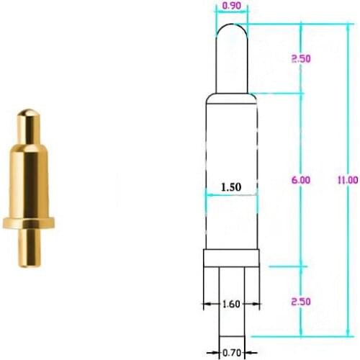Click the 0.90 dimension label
tap(232, 6)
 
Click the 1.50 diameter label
tap(230, 186)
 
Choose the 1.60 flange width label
tap(231, 304)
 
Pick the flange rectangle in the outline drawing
tap(231, 258)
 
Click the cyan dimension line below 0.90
tap(232, 13)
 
